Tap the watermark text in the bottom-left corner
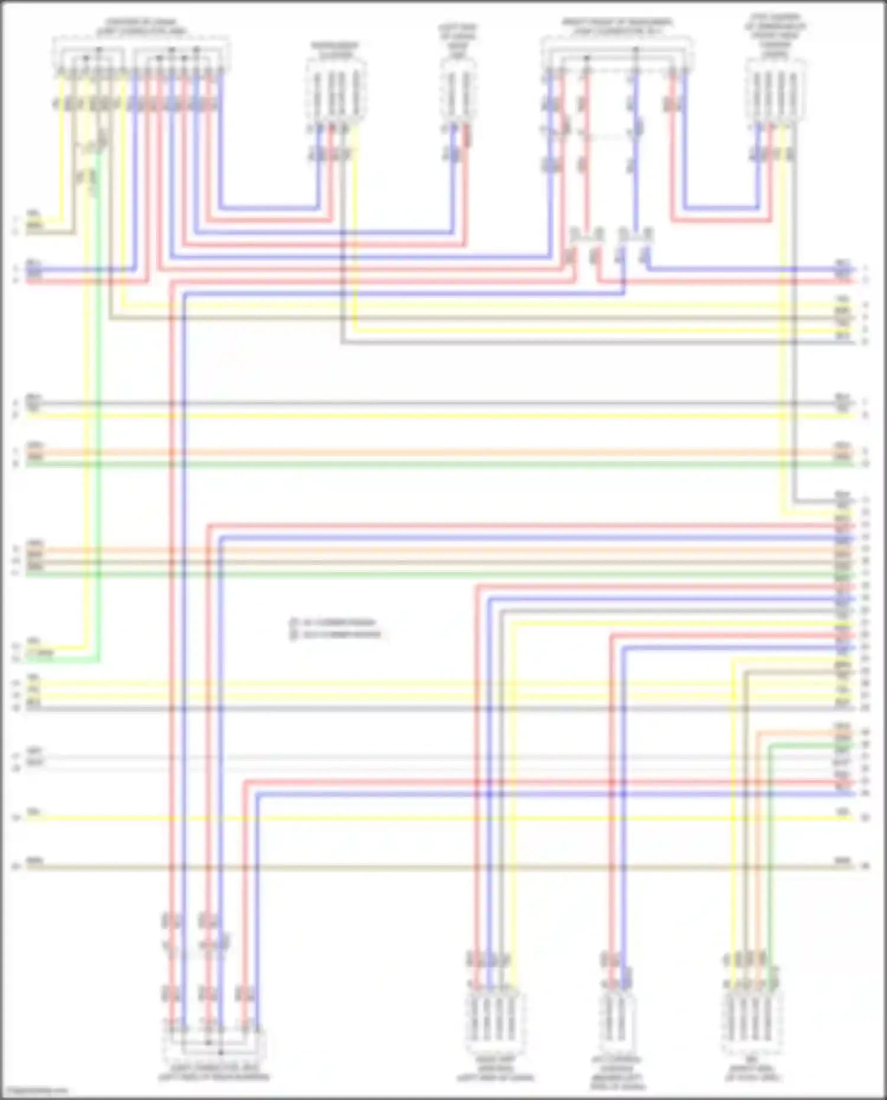click(x=34, y=1091)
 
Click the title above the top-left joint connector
click(x=141, y=27)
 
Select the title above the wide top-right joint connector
click(x=617, y=27)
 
